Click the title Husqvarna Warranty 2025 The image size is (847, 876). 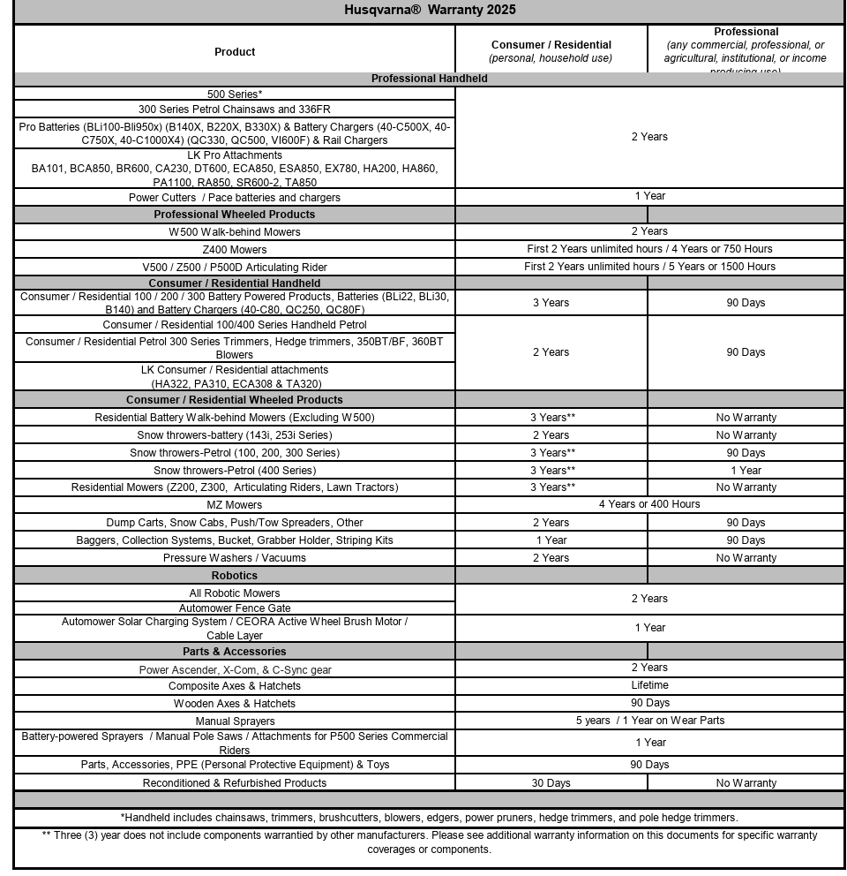pos(430,11)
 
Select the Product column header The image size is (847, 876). pos(235,52)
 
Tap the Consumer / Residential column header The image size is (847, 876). pos(551,45)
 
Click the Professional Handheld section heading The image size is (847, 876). pos(429,79)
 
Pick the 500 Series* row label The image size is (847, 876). pos(235,94)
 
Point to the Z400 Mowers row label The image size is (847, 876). pos(234,249)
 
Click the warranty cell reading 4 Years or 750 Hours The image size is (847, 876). pos(649,249)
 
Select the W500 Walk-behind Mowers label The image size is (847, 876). pos(235,232)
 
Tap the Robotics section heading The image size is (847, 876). pos(235,576)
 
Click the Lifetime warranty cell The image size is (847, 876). pos(649,685)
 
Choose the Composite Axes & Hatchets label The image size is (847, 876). pos(235,686)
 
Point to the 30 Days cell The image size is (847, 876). pos(551,783)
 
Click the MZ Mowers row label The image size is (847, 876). pos(235,505)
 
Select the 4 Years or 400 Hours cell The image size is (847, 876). pos(649,504)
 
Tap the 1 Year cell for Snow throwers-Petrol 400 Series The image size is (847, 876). pos(746,471)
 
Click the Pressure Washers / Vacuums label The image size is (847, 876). pos(235,558)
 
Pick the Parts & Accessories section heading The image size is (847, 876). pos(235,652)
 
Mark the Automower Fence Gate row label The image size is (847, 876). pos(235,608)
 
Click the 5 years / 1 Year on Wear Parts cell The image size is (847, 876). pos(649,721)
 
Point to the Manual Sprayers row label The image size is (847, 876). pos(235,721)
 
